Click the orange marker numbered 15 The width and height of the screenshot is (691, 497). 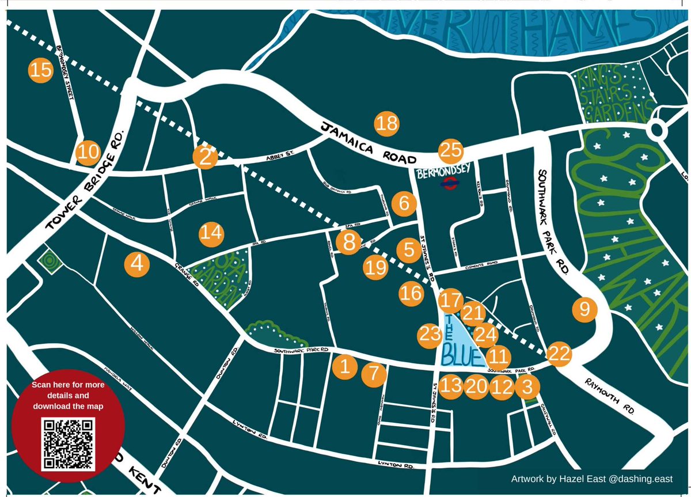pyautogui.click(x=40, y=71)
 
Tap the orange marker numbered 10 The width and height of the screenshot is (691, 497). pyautogui.click(x=88, y=153)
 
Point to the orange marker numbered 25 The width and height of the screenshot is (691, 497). pyautogui.click(x=451, y=151)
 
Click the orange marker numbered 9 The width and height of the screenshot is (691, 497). pyautogui.click(x=585, y=310)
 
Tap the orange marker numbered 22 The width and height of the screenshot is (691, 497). pyautogui.click(x=559, y=354)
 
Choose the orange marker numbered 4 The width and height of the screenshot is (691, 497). pyautogui.click(x=137, y=264)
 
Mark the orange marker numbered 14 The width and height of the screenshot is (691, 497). pyautogui.click(x=211, y=233)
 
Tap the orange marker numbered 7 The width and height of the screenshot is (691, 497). pyautogui.click(x=374, y=375)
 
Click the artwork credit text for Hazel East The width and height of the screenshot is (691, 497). pyautogui.click(x=591, y=479)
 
